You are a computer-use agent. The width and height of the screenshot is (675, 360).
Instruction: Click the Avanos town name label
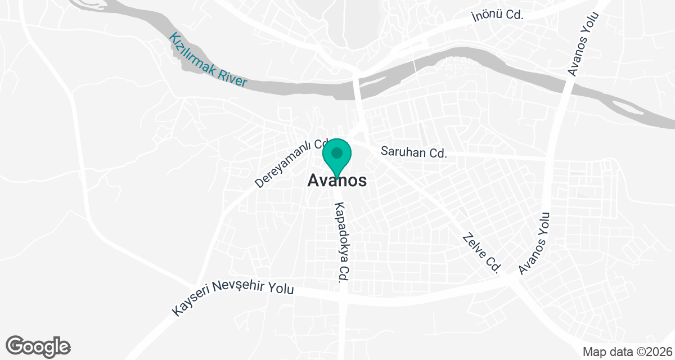pyautogui.click(x=337, y=181)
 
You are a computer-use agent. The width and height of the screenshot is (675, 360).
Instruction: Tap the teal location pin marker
pyautogui.click(x=337, y=157)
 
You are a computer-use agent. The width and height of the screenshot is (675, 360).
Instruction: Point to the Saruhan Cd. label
pyautogui.click(x=413, y=152)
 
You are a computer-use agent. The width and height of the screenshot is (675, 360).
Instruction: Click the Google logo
pyautogui.click(x=38, y=346)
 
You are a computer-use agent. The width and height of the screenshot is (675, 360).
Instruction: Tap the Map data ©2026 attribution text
pyautogui.click(x=627, y=352)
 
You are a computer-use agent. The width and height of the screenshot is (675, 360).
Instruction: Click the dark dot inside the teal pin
pyautogui.click(x=337, y=152)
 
